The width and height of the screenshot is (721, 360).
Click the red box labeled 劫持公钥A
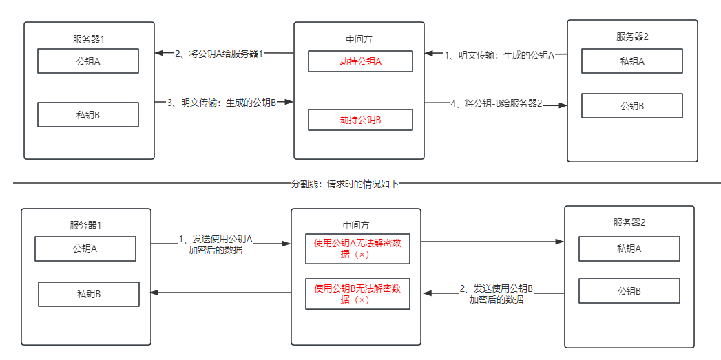(x=360, y=61)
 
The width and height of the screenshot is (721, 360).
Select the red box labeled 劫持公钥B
(x=360, y=120)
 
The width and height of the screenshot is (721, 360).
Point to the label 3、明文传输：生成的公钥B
(x=222, y=102)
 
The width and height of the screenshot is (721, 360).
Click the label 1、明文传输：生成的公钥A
(x=499, y=54)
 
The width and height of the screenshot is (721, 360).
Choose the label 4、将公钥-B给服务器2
(x=497, y=103)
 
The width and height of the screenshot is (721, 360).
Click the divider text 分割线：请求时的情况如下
(x=344, y=184)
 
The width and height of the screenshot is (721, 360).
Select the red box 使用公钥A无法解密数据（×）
(x=357, y=248)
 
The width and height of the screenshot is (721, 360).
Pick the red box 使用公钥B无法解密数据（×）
(x=357, y=294)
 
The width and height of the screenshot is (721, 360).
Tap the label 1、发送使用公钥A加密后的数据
(x=216, y=244)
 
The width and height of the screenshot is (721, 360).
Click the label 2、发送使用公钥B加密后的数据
(x=497, y=293)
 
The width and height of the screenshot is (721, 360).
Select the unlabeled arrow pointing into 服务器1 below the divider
(x=220, y=293)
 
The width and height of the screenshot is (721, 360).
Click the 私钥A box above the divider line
(x=632, y=61)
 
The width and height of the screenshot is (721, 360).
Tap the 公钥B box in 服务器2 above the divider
(x=632, y=106)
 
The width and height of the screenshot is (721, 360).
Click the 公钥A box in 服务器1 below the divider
(x=85, y=248)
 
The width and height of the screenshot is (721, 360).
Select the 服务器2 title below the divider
(x=629, y=222)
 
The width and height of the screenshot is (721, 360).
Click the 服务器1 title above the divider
(x=89, y=39)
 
